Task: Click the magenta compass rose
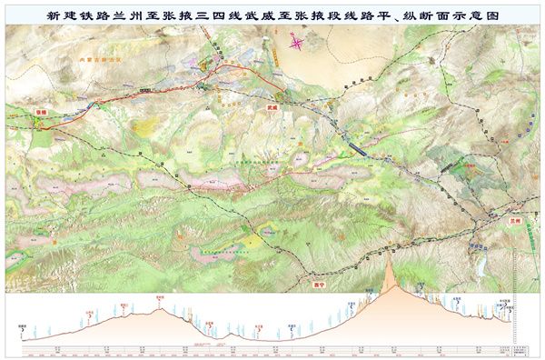tap(297, 48)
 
